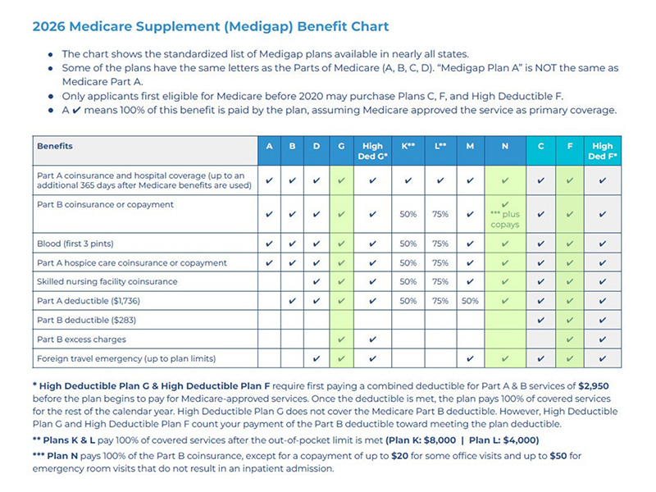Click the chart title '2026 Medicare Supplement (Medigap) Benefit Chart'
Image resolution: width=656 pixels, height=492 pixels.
click(211, 27)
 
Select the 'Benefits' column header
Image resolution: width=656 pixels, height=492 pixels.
click(55, 147)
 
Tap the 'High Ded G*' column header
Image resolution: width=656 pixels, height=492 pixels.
click(372, 151)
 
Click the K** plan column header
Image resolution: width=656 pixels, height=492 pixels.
click(408, 147)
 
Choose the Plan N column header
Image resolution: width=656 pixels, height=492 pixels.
click(505, 147)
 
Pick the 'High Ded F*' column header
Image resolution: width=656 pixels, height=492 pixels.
click(602, 151)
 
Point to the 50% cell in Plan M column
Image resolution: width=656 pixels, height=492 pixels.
click(470, 301)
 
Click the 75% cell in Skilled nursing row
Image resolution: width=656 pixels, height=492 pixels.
click(440, 282)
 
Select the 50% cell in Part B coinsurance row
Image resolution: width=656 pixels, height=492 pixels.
click(408, 214)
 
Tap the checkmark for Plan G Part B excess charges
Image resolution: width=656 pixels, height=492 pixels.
click(341, 339)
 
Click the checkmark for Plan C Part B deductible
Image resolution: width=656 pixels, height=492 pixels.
click(540, 320)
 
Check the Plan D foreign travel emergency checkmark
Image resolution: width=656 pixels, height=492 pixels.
click(316, 358)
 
